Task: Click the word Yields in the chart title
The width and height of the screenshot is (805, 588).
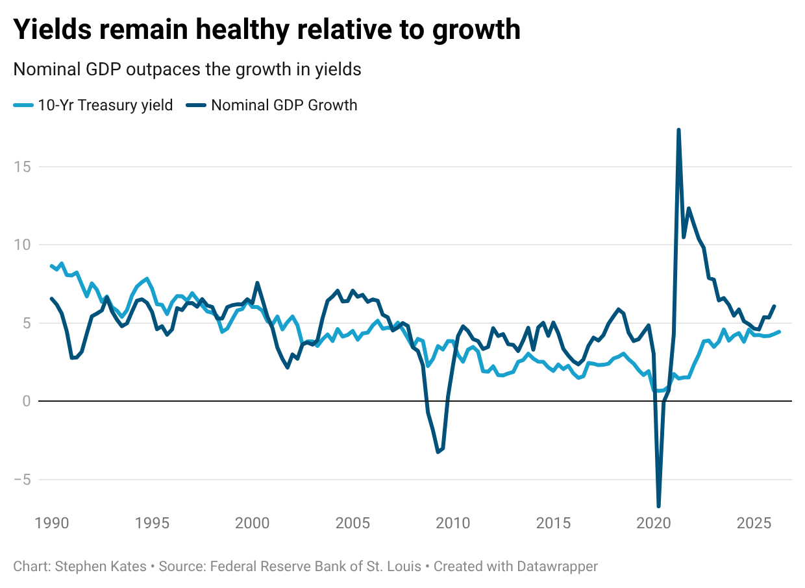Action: pyautogui.click(x=53, y=29)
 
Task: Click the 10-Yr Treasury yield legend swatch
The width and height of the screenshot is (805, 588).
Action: pyautogui.click(x=23, y=105)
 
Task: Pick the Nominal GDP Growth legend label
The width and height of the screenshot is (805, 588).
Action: pyautogui.click(x=284, y=105)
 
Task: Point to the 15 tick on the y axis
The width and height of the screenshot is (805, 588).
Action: pyautogui.click(x=22, y=167)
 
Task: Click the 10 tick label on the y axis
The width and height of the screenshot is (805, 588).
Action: pyautogui.click(x=22, y=245)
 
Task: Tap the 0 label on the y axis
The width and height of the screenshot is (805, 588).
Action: pyautogui.click(x=27, y=401)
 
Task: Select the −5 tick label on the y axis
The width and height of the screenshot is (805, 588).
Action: pyautogui.click(x=22, y=480)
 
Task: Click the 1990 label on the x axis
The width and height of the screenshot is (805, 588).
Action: pyautogui.click(x=52, y=523)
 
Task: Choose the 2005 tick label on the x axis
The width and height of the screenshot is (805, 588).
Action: pyautogui.click(x=353, y=523)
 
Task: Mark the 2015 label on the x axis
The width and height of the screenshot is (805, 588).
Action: pyautogui.click(x=553, y=523)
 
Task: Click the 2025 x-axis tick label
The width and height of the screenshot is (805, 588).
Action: pyautogui.click(x=754, y=523)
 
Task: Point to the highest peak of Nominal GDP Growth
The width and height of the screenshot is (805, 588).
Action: pyautogui.click(x=678, y=130)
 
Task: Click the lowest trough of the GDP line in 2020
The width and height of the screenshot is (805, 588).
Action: pyautogui.click(x=658, y=506)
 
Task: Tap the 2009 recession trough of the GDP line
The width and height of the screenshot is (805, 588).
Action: pyautogui.click(x=438, y=452)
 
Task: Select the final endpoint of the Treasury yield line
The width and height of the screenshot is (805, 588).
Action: pyautogui.click(x=779, y=332)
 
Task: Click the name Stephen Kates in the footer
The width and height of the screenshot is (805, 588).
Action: pyautogui.click(x=101, y=567)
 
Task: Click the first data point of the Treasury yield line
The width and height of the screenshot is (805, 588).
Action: pyautogui.click(x=51, y=266)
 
